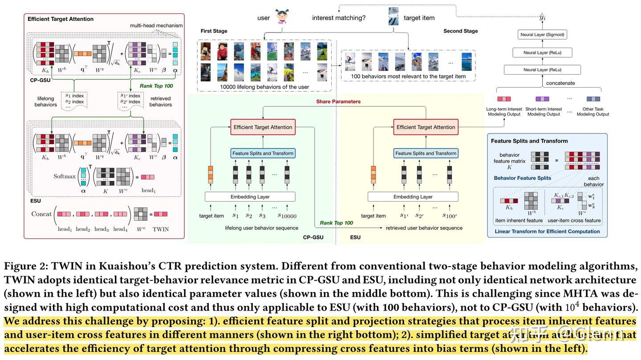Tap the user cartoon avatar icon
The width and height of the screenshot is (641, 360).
tap(282, 16)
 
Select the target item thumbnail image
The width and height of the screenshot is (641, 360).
tap(393, 16)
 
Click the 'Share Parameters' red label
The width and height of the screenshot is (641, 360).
tap(338, 101)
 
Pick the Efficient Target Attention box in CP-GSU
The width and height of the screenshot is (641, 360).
tap(263, 127)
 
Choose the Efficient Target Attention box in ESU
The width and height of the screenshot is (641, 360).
tap(426, 127)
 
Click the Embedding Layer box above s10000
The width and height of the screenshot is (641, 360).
tap(250, 197)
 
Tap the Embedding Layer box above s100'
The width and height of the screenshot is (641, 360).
tap(413, 197)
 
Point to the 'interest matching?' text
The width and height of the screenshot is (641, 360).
tap(339, 18)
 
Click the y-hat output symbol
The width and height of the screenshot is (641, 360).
tap(542, 17)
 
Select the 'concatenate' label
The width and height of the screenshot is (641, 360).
tap(560, 83)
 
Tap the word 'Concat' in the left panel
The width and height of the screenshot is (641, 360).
tap(41, 214)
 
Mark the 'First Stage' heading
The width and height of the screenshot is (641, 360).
tap(214, 31)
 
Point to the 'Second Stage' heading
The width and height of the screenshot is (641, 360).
tap(460, 31)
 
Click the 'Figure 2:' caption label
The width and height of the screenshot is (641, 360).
tap(25, 267)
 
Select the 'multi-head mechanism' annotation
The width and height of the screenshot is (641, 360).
tap(155, 26)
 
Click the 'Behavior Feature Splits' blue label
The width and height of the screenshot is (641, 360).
tap(522, 178)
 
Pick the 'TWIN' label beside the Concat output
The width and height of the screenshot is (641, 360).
tap(161, 229)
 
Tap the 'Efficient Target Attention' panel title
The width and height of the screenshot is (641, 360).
tap(61, 19)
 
